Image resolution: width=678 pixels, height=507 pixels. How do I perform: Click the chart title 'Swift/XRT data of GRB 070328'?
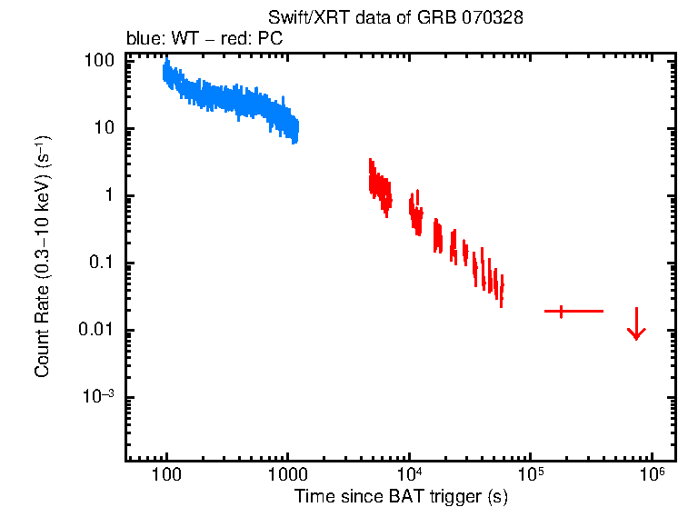[x=395, y=18]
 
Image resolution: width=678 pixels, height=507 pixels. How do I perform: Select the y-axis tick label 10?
[x=105, y=128]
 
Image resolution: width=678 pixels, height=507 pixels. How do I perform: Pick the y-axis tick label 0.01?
[x=98, y=330]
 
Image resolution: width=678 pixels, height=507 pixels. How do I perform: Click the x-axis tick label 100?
[x=166, y=475]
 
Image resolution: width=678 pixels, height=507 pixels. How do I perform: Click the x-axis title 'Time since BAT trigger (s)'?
[x=400, y=496]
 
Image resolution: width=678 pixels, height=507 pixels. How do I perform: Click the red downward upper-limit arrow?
[x=636, y=325]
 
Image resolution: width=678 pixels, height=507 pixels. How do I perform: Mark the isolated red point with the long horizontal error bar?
[x=562, y=312]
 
